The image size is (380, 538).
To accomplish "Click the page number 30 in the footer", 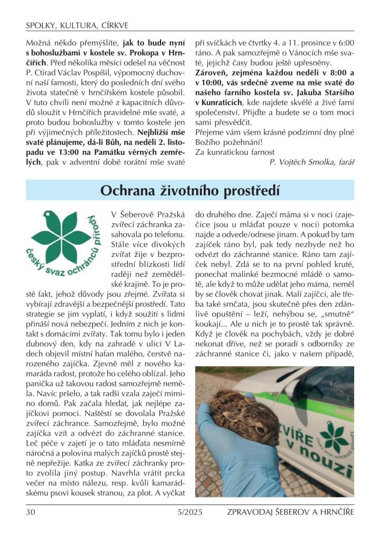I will click(31, 511).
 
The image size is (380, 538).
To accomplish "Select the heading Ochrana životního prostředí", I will click(190, 190).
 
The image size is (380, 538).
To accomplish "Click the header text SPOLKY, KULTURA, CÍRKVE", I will click(77, 25).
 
